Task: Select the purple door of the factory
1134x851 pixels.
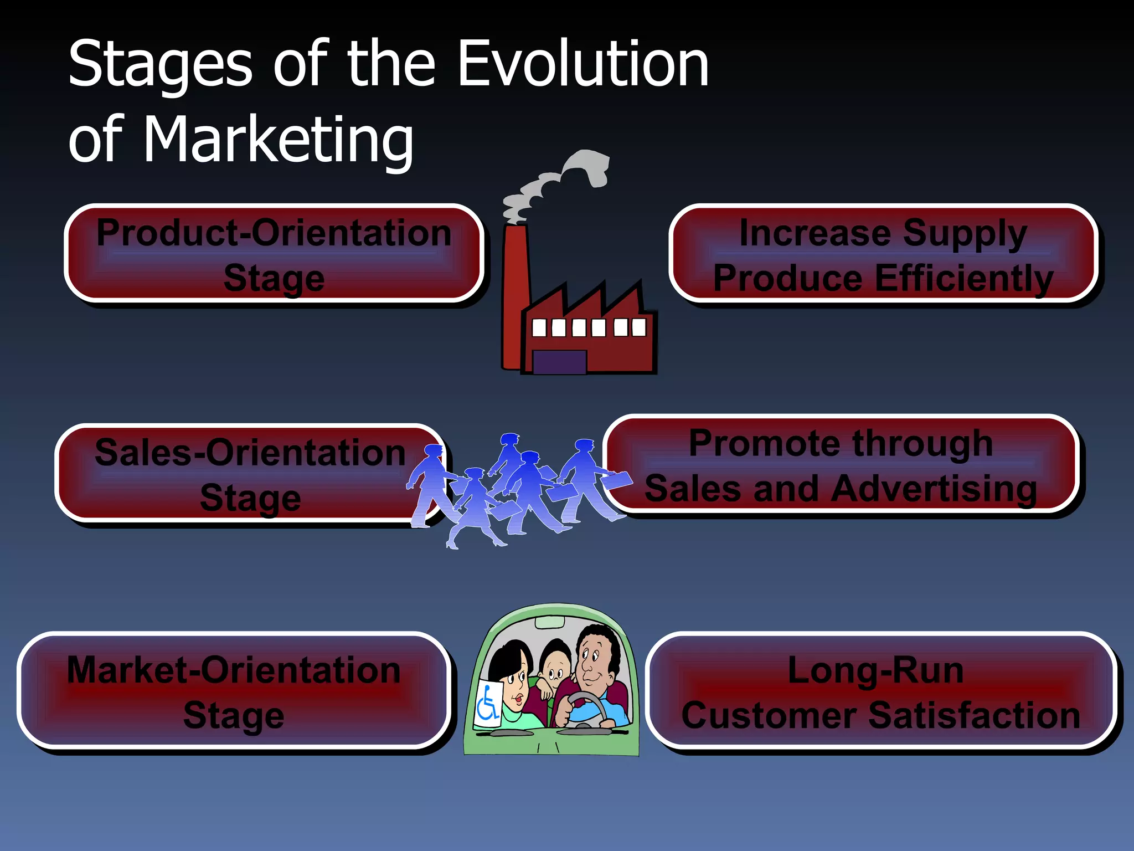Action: (559, 361)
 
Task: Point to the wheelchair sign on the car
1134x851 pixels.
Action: (488, 701)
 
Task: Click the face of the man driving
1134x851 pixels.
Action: (595, 659)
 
